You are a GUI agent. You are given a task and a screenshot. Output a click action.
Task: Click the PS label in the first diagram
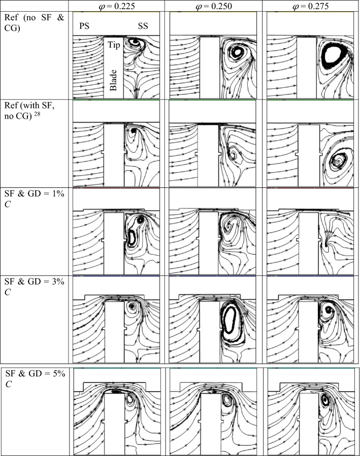[x=84, y=26]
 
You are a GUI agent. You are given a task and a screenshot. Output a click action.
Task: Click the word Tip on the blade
[x=113, y=45]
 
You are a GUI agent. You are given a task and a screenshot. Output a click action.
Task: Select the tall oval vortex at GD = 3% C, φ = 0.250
[x=230, y=323]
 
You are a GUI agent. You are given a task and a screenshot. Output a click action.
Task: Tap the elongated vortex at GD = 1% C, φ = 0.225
[x=133, y=236]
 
